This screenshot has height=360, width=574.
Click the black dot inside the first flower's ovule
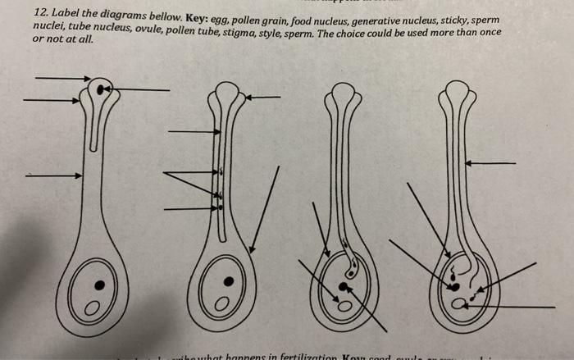tap(100, 285)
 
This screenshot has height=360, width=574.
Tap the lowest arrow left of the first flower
tap(53, 175)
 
